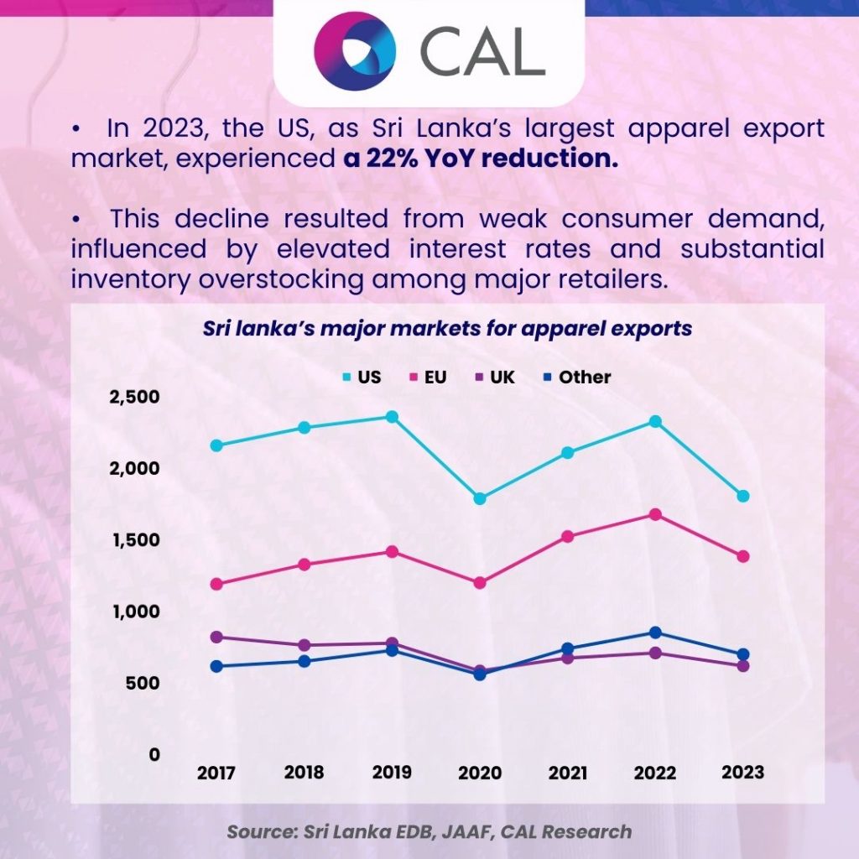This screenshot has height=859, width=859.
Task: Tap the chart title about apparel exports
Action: point(447,327)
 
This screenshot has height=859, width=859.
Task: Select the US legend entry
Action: point(362,377)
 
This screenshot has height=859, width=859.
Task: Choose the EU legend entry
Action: point(428,377)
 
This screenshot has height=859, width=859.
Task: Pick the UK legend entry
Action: point(495,377)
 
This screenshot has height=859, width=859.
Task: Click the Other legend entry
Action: point(576,377)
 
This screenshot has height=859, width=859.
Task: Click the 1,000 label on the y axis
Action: point(135,612)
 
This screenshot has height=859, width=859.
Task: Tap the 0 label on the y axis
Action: point(154,754)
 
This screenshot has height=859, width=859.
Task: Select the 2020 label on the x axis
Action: point(479,773)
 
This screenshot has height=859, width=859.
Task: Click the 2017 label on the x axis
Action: point(216,773)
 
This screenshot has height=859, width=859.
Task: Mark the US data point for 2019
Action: point(392,417)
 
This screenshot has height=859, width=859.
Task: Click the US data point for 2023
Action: point(742,497)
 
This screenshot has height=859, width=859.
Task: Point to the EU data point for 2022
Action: point(656,514)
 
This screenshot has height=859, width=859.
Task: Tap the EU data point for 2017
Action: point(216,584)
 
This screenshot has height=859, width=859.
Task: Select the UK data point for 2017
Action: point(216,638)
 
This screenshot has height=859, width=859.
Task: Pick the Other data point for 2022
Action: point(656,633)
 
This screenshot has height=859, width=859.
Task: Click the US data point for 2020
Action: point(479,499)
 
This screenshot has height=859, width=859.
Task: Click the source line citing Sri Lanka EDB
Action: point(429,831)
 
